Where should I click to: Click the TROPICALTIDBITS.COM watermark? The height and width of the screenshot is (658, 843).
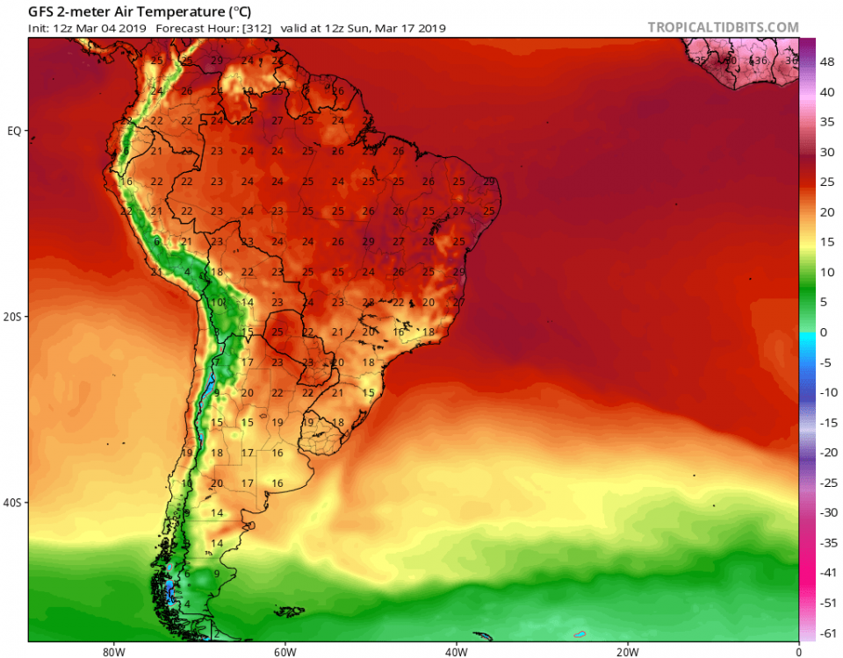[x=724, y=27]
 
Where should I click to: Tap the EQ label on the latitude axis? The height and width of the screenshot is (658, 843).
[x=14, y=131]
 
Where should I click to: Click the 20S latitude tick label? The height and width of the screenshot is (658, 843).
[x=13, y=317]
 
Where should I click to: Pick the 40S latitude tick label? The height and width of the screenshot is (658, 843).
[x=13, y=503]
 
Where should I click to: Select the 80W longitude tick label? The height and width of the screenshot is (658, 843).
[x=111, y=652]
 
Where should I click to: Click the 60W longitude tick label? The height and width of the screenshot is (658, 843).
[x=283, y=652]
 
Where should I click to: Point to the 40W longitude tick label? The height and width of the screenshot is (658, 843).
[x=455, y=652]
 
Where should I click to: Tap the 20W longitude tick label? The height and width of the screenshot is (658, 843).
[x=626, y=652]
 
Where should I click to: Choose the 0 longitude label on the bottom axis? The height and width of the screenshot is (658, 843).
[x=798, y=652]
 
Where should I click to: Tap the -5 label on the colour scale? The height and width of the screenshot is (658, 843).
[x=826, y=362]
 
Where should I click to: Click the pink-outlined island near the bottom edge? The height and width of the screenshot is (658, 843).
[x=579, y=633]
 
